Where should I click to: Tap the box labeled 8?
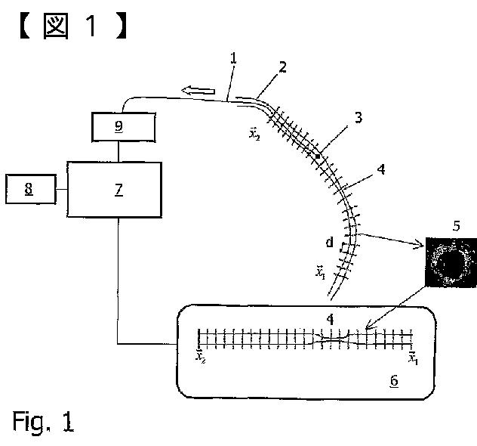click(x=29, y=189)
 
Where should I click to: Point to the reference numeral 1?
click(x=235, y=57)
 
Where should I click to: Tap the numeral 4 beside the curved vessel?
click(x=381, y=170)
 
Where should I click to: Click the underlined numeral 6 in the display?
click(x=394, y=382)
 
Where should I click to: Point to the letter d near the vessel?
click(x=329, y=243)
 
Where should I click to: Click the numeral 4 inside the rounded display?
click(x=328, y=319)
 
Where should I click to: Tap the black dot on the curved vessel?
click(x=318, y=156)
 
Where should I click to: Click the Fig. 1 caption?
click(x=43, y=421)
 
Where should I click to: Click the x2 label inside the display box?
click(x=200, y=357)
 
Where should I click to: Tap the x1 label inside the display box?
click(x=413, y=357)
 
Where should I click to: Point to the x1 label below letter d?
click(x=320, y=271)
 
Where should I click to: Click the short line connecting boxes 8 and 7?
click(x=61, y=189)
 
